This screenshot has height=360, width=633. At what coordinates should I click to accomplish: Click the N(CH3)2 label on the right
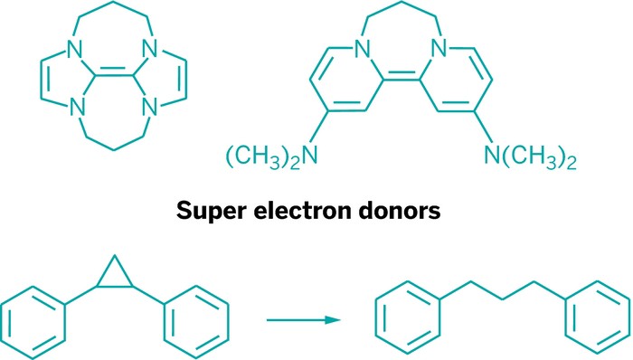click(534, 161)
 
